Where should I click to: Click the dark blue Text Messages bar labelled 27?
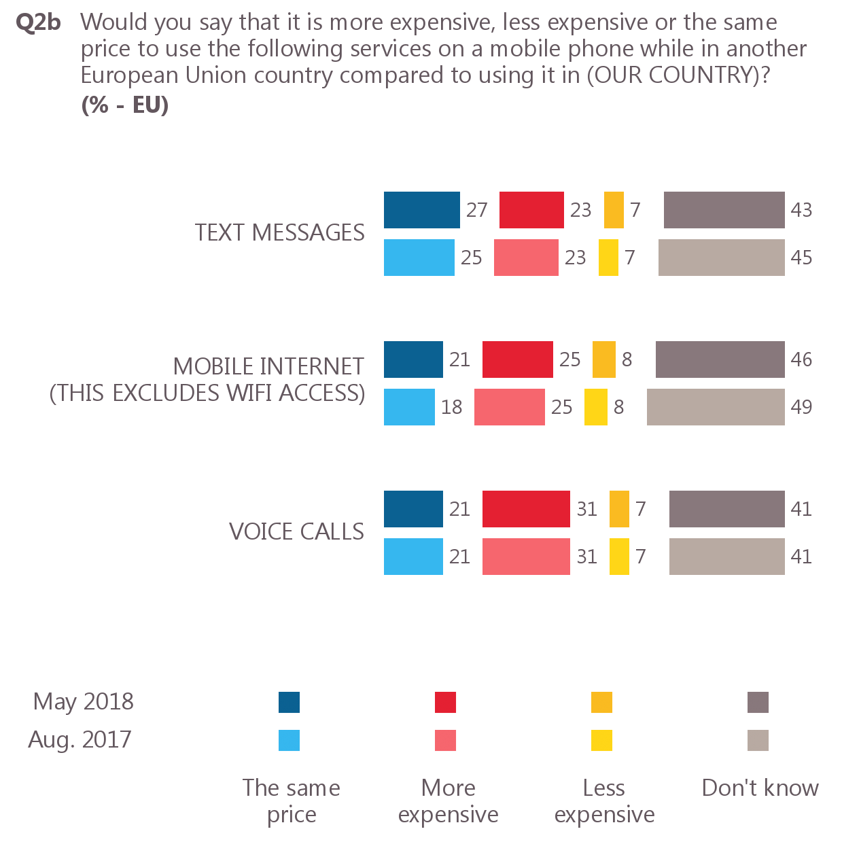point(421,210)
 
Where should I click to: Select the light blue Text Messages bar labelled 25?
point(419,258)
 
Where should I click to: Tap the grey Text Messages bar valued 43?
point(724,210)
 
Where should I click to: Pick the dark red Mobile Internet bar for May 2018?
point(517,359)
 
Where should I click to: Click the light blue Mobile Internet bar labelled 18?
point(409,407)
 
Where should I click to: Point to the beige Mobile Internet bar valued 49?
point(716,407)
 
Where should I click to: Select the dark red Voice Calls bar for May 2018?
point(526,509)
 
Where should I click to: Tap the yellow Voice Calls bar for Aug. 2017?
point(619,557)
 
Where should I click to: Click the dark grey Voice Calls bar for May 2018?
point(726,509)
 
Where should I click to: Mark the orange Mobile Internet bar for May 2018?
point(603,359)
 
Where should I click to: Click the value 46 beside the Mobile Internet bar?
point(801,359)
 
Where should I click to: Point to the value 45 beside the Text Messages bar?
point(801,258)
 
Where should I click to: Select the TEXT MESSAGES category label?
point(279,233)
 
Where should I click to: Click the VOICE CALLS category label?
point(296,531)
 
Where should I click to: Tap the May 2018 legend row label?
point(83,701)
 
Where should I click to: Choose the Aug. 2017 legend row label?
point(80,739)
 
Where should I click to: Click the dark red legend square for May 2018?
point(445,702)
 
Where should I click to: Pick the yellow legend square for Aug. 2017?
point(601,740)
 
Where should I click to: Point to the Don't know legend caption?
point(760,788)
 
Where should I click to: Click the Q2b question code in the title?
point(38,22)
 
